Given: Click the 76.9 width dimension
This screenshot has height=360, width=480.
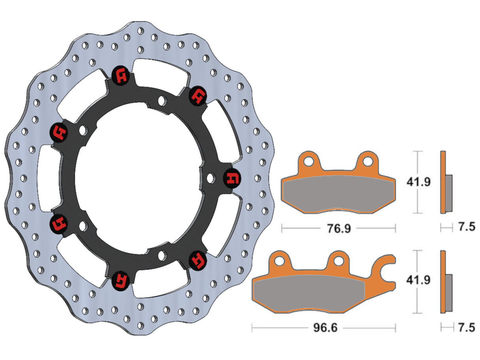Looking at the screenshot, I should [339, 228].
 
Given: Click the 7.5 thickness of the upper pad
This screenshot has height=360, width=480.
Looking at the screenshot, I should [465, 228].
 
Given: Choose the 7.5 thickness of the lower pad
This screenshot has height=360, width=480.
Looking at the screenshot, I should [465, 328].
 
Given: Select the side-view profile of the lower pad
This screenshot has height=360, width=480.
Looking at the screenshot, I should [445, 281].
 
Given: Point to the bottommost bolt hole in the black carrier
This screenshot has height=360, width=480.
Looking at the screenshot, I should [161, 255].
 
